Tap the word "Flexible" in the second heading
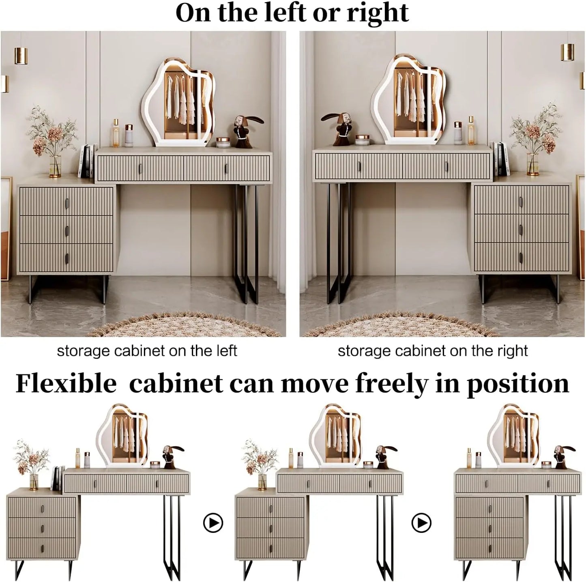[66, 383]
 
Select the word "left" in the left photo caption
[227, 351]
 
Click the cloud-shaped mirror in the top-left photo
[178, 103]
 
